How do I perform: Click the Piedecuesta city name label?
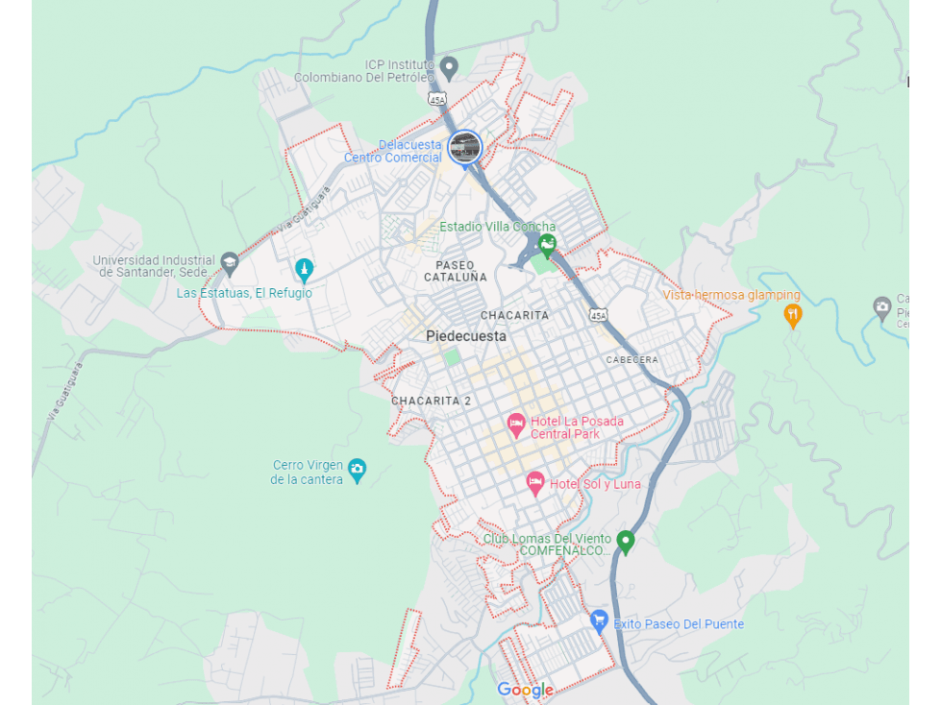pos(466,336)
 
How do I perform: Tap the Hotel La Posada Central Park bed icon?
pos(516,422)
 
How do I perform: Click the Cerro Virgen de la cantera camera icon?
pos(358,469)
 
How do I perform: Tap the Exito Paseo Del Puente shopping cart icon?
pos(600,620)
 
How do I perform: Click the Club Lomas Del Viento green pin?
pos(626,541)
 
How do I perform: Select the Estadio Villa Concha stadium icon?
pos(547,245)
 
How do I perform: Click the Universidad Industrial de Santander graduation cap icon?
pos(229,261)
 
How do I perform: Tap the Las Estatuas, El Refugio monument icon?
pos(304,268)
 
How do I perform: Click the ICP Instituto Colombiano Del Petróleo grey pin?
pos(449,66)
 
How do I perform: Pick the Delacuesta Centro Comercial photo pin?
pos(465,148)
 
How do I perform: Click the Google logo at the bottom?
pos(525,690)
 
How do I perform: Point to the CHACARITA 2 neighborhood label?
pos(431,401)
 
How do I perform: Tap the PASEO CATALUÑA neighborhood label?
pos(456,271)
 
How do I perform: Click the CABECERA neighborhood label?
pos(631,359)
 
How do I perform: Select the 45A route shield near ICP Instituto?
pos(437,99)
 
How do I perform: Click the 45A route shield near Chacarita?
pos(598,315)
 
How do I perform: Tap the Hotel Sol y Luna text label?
pos(595,484)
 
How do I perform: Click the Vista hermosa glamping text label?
pos(731,295)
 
